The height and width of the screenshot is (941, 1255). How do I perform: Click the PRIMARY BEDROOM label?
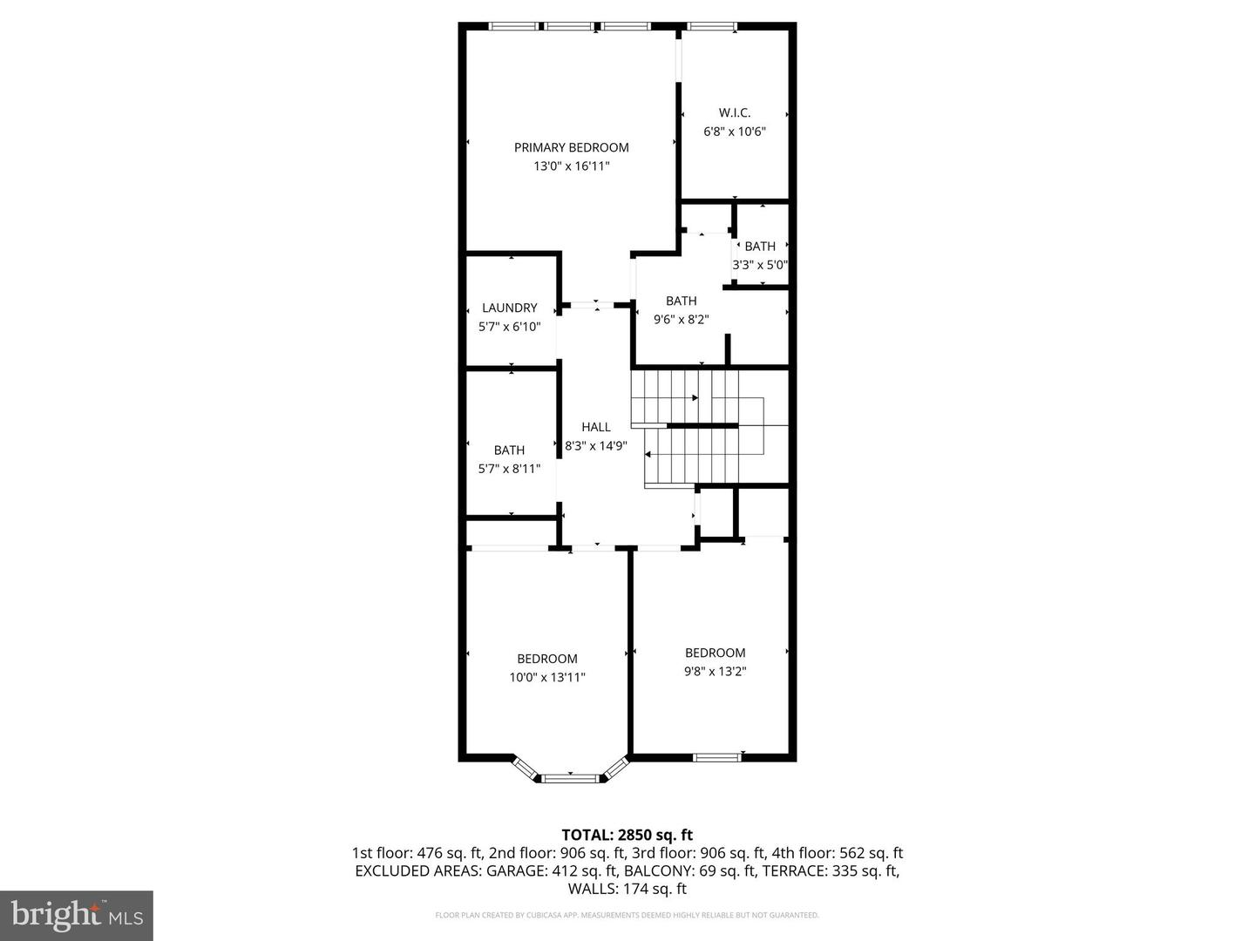571,147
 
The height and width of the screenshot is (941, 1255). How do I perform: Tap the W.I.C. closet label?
735,112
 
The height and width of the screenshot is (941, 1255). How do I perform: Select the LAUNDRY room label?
510,308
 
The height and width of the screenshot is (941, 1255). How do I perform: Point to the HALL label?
596,427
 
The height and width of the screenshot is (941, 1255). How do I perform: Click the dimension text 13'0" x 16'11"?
571,166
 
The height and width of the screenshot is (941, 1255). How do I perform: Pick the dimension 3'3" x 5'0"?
760,265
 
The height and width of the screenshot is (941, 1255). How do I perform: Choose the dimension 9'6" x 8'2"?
682,320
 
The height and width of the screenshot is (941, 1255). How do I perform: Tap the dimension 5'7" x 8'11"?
510,469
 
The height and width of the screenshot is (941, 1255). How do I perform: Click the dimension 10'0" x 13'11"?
547,677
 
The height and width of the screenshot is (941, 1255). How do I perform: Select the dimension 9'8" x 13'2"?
716,671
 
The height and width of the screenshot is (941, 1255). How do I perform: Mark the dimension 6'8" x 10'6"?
735,132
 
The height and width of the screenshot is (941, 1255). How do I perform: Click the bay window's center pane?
570,776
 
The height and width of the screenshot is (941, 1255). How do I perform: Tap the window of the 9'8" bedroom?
716,756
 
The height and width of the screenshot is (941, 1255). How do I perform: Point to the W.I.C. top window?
711,27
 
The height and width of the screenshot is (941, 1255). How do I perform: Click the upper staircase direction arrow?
695,398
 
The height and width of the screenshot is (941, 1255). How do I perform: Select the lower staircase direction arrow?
648,454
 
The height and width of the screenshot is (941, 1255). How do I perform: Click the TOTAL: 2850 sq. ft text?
627,836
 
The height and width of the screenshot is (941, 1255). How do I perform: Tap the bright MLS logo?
77,915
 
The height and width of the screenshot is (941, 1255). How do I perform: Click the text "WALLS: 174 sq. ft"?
627,889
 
